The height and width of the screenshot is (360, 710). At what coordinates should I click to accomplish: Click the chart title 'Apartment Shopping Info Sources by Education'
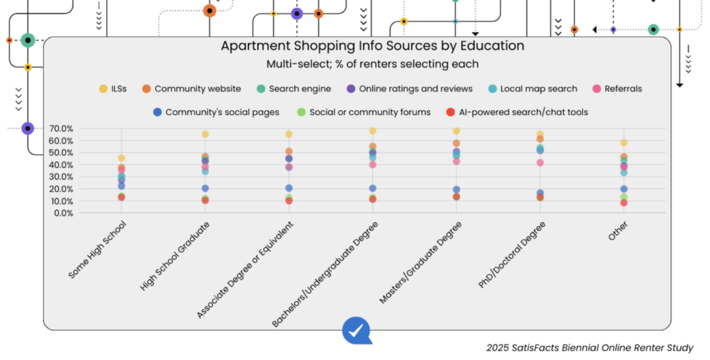point(372,46)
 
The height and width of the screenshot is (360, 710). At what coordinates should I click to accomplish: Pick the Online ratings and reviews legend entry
point(410,89)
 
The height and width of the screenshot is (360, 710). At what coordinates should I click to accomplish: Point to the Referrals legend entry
point(616,89)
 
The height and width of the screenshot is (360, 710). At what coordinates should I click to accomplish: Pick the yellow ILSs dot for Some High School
point(121,159)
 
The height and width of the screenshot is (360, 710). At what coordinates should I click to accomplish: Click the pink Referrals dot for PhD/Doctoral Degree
point(539,163)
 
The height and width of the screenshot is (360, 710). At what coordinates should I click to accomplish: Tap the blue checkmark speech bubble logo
point(356,330)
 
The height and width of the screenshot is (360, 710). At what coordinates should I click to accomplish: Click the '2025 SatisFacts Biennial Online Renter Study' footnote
point(589,348)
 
